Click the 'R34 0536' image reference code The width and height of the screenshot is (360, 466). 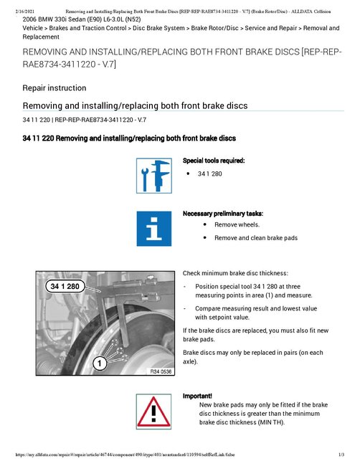pos(160,372)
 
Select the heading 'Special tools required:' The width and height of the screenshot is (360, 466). pos(214,161)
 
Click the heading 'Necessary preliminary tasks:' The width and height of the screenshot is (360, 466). pos(223,214)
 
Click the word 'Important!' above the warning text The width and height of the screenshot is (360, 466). pos(198,396)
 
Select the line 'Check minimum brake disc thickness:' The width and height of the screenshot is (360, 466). pos(235,274)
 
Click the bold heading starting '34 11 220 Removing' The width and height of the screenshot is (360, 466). pos(129,138)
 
